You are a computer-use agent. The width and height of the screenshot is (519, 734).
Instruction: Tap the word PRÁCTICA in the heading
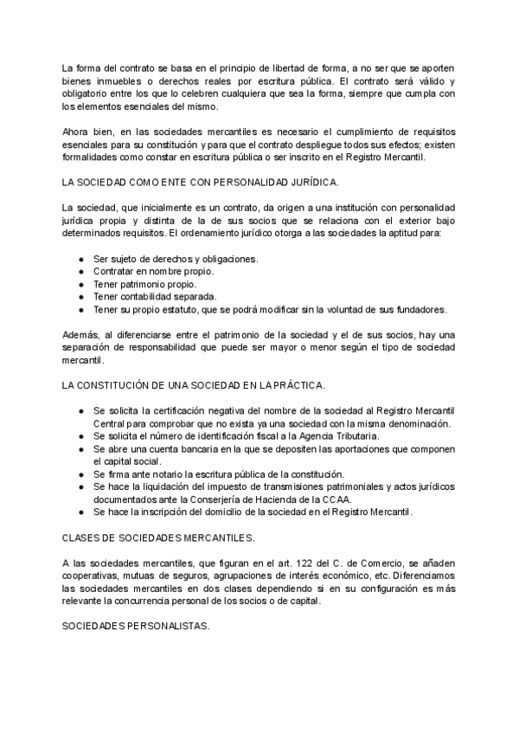tap(323, 383)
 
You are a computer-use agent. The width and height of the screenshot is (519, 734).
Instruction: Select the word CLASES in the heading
tap(83, 538)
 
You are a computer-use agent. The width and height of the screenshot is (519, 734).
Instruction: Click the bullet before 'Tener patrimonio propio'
tap(80, 284)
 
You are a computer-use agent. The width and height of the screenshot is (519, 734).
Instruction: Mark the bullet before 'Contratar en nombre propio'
tap(80, 272)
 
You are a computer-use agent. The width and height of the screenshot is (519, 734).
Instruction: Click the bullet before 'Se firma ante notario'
tap(80, 473)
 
